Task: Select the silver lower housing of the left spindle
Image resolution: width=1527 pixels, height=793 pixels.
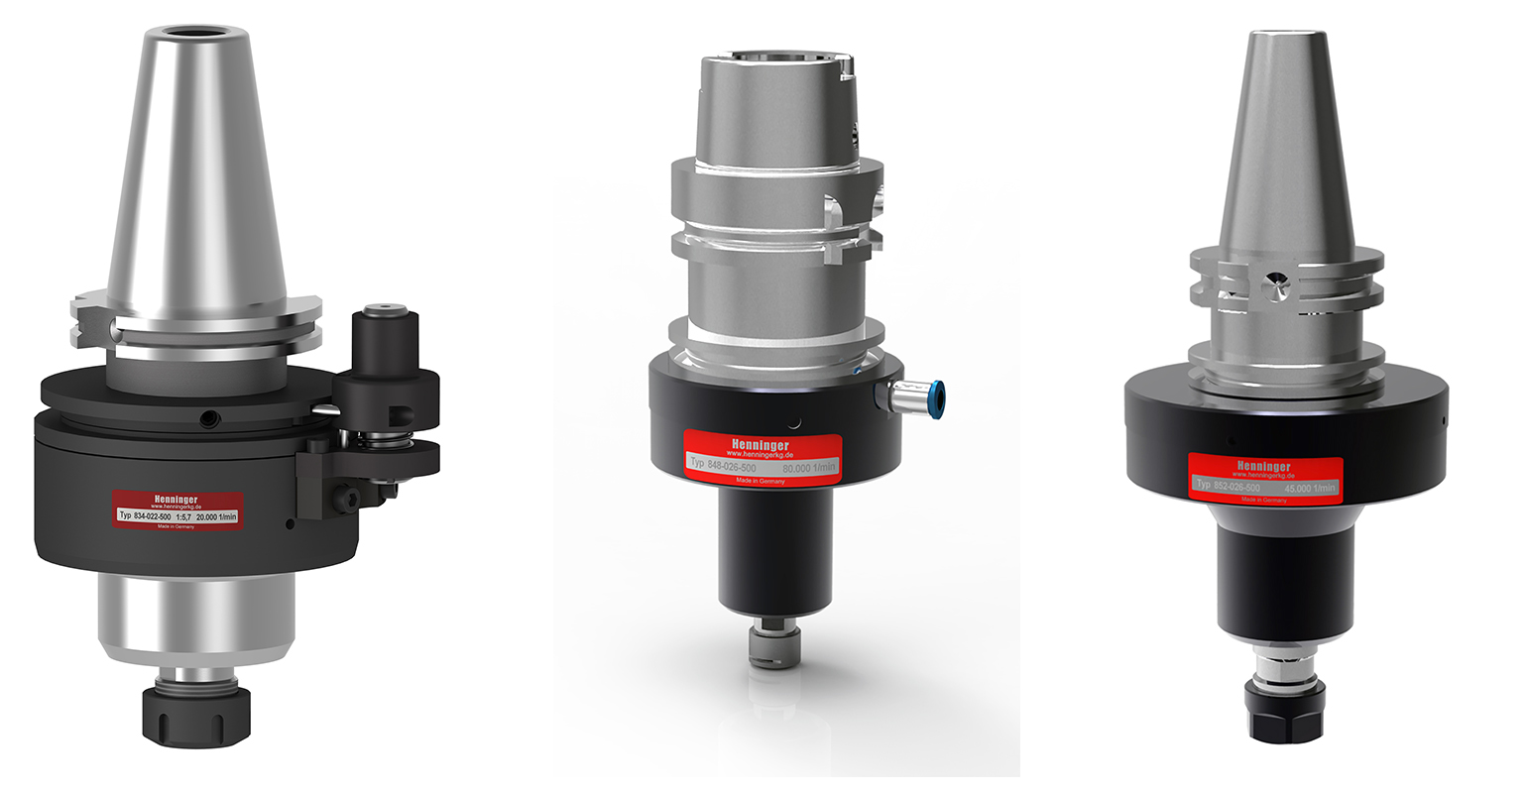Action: [195, 615]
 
